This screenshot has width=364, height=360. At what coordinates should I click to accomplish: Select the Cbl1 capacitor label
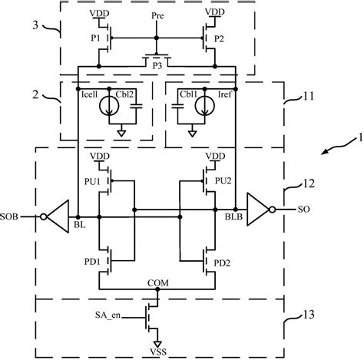[187, 94]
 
